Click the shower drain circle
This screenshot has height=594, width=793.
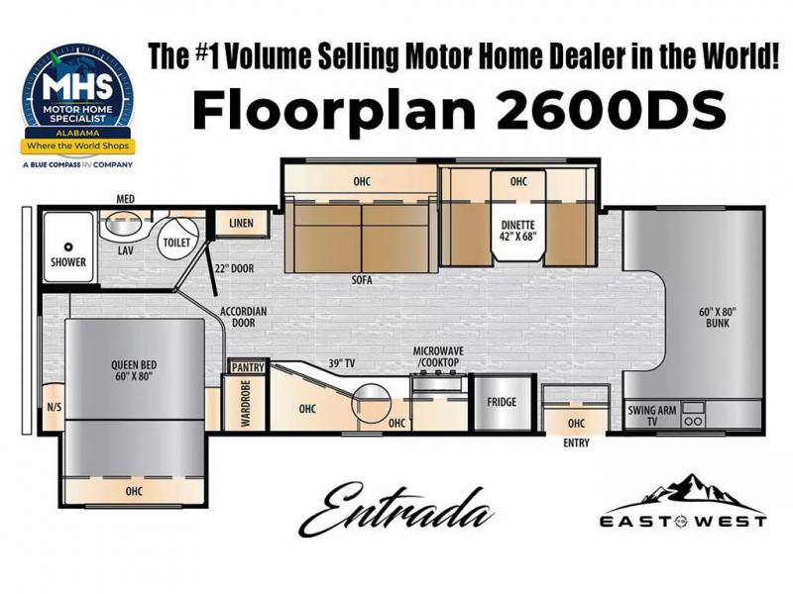(x=67, y=247)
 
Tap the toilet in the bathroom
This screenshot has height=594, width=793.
(x=175, y=237)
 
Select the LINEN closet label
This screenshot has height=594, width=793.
(x=241, y=223)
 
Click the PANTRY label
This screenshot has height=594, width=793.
(x=248, y=367)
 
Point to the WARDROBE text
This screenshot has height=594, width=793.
(x=246, y=403)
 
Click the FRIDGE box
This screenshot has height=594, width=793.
(x=502, y=403)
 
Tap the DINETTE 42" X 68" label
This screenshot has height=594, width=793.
(x=517, y=231)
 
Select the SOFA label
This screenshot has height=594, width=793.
(x=362, y=279)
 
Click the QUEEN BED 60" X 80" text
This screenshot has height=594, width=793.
(x=134, y=370)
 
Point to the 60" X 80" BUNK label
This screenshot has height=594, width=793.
(x=718, y=317)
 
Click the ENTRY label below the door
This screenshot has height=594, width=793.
(x=576, y=443)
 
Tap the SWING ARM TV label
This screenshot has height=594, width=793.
(x=652, y=415)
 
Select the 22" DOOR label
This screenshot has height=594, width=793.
(x=234, y=268)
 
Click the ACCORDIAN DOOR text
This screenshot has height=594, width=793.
(x=243, y=317)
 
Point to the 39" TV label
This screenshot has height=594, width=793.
(x=341, y=363)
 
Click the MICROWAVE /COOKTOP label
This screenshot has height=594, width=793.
(x=438, y=356)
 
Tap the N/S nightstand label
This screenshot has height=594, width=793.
(x=55, y=407)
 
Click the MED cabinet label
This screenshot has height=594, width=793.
(x=126, y=199)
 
